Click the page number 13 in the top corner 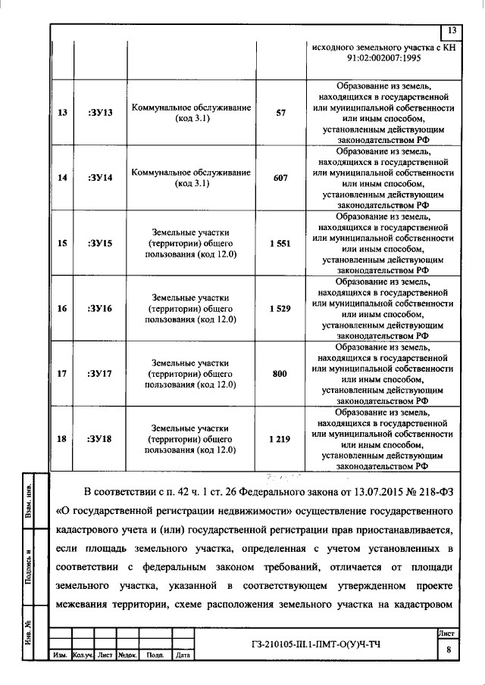click(x=452, y=31)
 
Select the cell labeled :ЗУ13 click(x=100, y=113)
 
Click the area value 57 click(x=280, y=113)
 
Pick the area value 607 click(x=280, y=179)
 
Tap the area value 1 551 click(x=280, y=244)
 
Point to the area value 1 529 click(x=280, y=309)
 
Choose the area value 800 click(x=280, y=374)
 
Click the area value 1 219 click(x=280, y=439)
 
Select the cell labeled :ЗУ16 click(x=100, y=309)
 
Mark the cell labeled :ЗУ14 click(x=100, y=179)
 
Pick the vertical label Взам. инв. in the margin click(x=29, y=500)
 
